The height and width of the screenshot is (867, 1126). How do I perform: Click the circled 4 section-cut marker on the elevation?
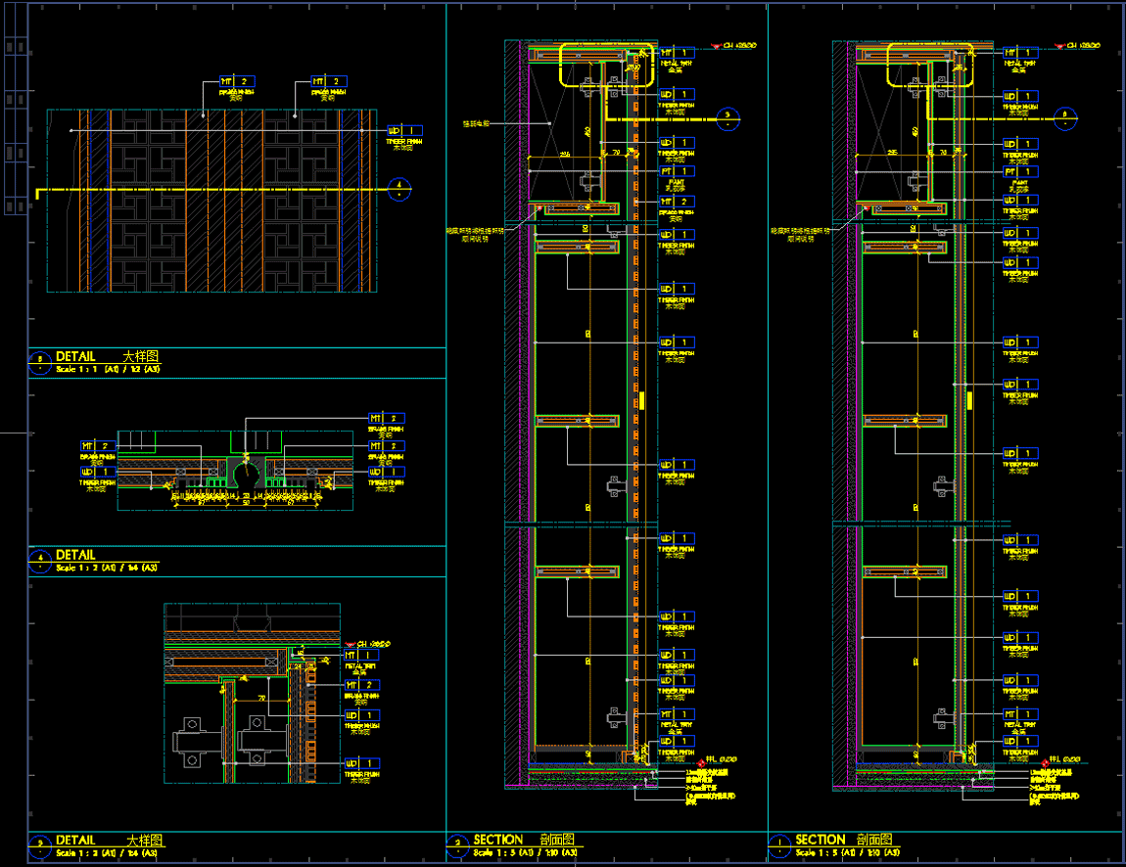tap(399, 190)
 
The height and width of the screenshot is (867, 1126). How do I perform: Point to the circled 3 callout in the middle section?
tap(727, 116)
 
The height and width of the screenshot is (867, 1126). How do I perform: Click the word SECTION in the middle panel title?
tap(498, 840)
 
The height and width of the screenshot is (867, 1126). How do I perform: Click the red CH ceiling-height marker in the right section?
tap(1059, 46)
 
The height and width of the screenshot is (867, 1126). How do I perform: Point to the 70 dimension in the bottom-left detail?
tap(262, 698)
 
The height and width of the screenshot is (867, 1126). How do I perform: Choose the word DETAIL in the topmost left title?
tap(75, 357)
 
